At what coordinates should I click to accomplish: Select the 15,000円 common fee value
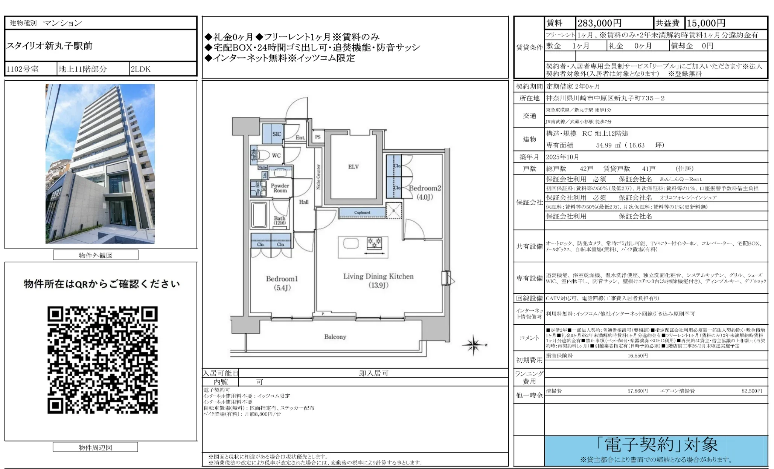click(x=706, y=23)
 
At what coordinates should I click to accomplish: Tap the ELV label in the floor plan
click(x=353, y=167)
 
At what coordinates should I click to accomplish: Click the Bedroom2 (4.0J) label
click(x=425, y=192)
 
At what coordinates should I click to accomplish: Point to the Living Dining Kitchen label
click(x=378, y=276)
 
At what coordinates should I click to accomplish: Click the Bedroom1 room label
click(x=282, y=279)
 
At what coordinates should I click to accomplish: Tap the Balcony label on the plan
click(x=335, y=337)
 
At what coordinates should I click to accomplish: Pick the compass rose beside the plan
click(x=474, y=344)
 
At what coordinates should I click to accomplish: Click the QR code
click(x=102, y=360)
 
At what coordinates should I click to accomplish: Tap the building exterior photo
click(x=100, y=164)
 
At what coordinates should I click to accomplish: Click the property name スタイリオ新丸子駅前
click(x=49, y=46)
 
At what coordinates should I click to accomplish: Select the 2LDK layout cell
click(x=140, y=69)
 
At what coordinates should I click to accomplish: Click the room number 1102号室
click(x=23, y=69)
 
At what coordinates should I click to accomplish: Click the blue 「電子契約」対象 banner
click(x=656, y=450)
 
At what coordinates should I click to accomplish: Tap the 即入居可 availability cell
click(x=373, y=373)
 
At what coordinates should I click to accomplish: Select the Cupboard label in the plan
click(x=362, y=213)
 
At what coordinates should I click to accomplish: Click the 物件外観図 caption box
click(x=96, y=255)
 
